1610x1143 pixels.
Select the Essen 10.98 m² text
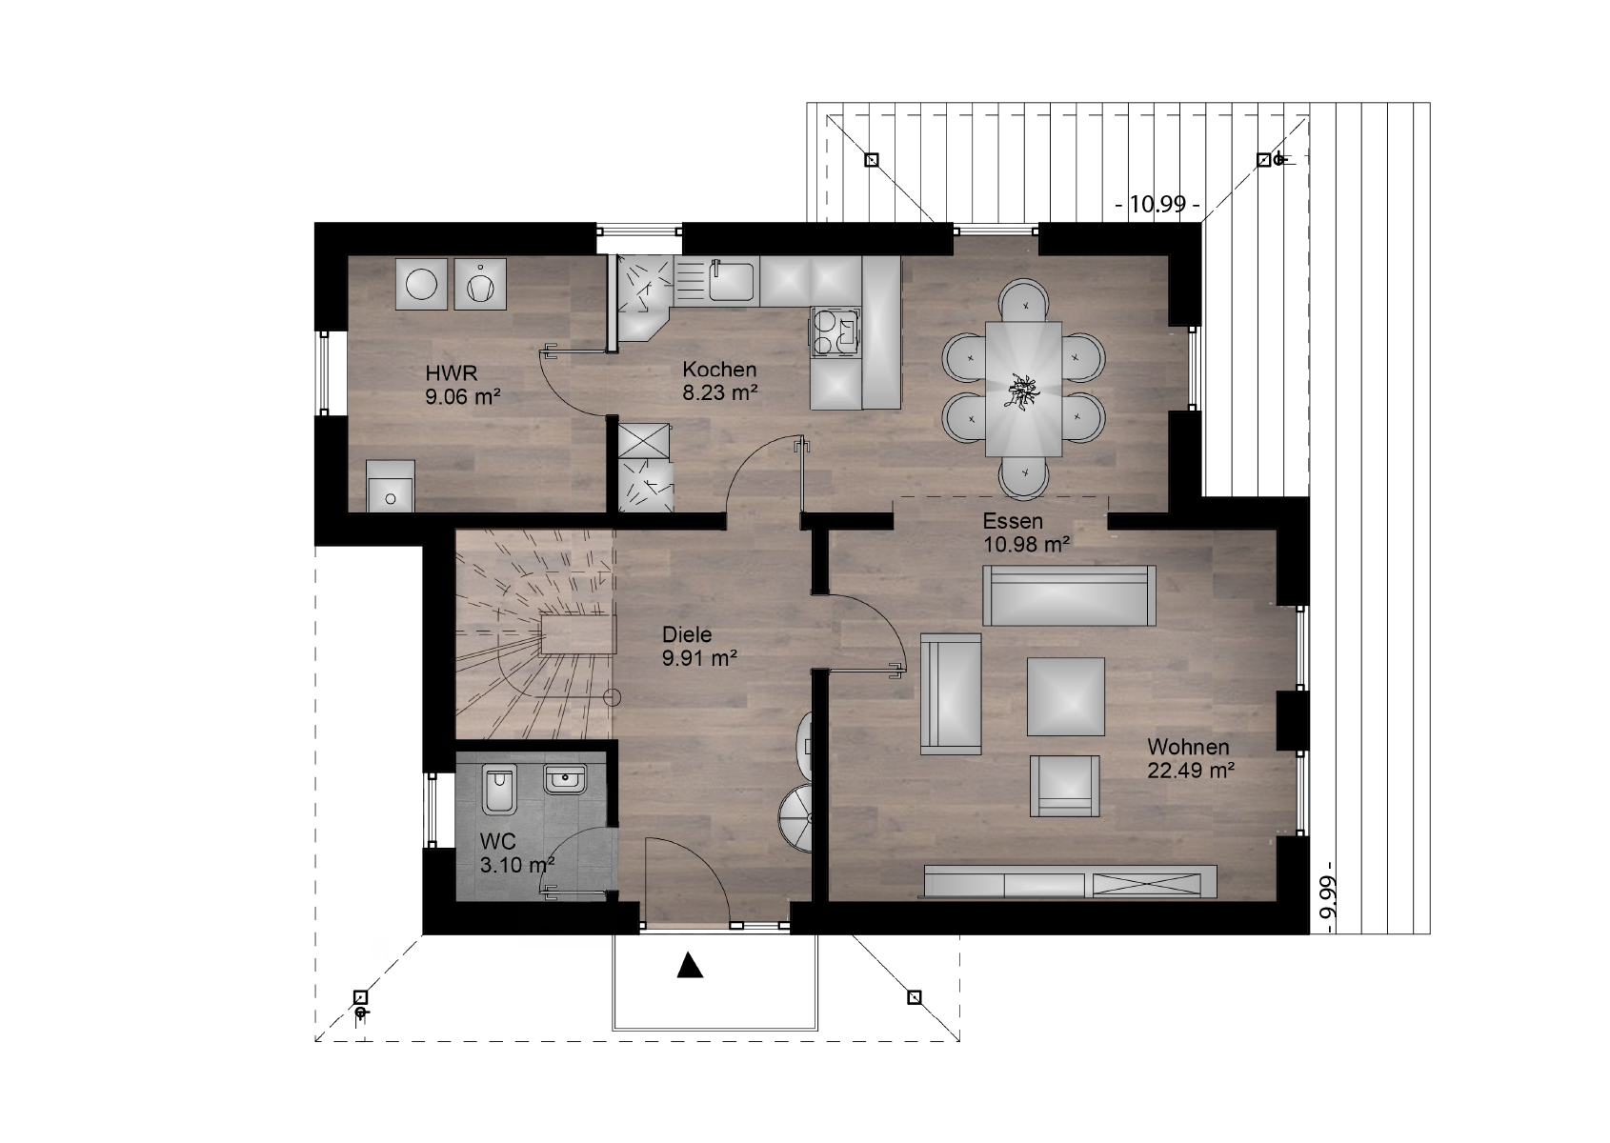coord(1026,532)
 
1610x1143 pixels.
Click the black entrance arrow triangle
coord(690,965)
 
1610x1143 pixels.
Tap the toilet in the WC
coord(499,791)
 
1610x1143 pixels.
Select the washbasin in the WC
coord(566,779)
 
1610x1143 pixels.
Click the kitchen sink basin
coord(732,280)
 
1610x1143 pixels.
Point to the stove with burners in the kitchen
coord(835,331)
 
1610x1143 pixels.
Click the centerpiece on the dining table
coord(1022,391)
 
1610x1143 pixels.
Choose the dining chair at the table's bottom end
coord(1023,478)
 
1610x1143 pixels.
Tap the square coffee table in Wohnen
coord(1065,696)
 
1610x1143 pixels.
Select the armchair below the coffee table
coord(1064,785)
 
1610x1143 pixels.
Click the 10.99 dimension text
coord(1157,205)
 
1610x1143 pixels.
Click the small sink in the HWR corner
coord(391,486)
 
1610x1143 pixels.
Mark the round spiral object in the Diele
coord(796,818)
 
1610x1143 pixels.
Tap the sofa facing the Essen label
coord(1069,595)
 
